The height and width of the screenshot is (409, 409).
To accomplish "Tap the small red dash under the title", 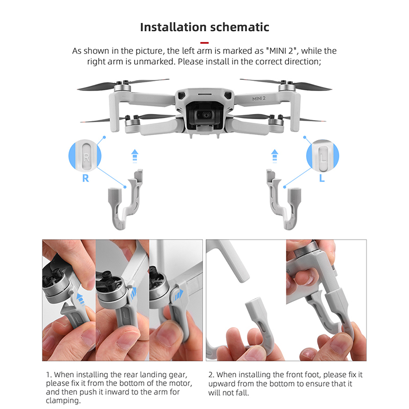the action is click(204, 42).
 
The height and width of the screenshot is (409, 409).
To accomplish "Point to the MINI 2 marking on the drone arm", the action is click(259, 98).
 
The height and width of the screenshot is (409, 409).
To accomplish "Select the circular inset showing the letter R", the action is click(85, 156).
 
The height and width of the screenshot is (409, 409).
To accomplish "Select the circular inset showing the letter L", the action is click(323, 156).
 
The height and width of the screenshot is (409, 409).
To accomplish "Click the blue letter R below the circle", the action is click(85, 178).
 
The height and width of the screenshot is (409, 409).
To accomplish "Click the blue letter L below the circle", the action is click(322, 178).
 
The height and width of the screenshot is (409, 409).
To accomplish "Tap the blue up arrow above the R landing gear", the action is click(134, 156).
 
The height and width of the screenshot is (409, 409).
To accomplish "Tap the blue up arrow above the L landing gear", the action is click(275, 156).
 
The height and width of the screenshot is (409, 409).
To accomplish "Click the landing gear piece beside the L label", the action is click(284, 209).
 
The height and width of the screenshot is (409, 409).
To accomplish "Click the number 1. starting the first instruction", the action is click(49, 375).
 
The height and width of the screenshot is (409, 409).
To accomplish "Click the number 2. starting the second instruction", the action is click(212, 375).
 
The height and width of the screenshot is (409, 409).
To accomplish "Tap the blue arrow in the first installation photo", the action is click(81, 299).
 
